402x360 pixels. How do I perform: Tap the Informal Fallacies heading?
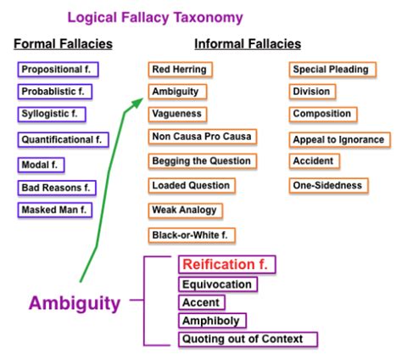247,44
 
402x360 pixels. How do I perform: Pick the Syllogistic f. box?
51,114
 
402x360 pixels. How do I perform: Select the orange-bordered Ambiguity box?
175,91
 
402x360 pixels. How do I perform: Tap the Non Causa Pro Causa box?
200,137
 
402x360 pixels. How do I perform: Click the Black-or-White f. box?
193,233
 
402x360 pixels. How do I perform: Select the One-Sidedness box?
327,185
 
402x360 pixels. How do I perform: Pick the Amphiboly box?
213,321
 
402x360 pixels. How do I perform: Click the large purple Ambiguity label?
75,304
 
